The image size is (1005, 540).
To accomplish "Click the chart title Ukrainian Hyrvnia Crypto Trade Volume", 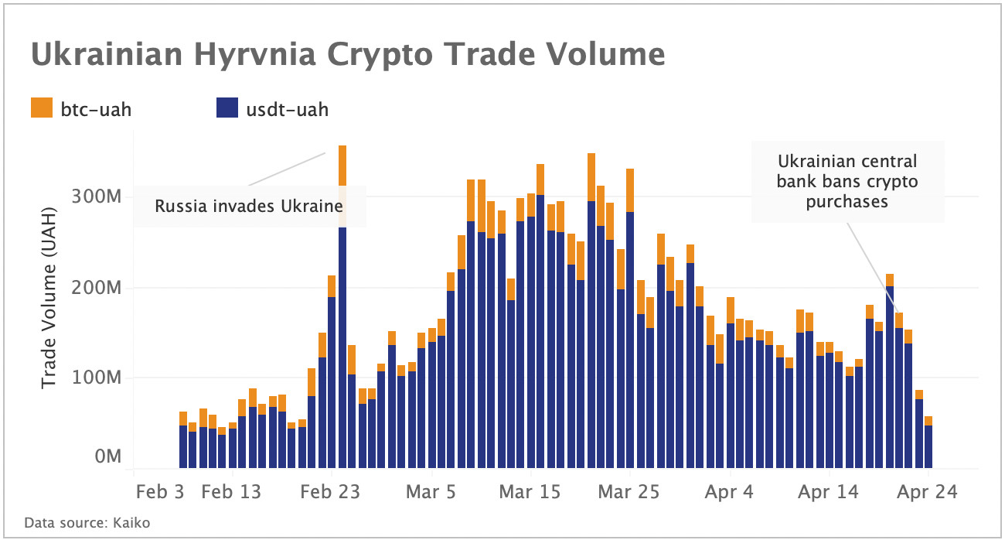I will [x=347, y=55].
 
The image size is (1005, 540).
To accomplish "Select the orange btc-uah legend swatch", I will [x=42, y=108].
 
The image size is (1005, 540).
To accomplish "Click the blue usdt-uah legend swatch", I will [x=227, y=108].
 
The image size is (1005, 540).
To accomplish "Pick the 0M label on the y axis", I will [x=107, y=456].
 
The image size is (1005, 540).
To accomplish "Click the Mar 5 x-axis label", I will [x=431, y=492].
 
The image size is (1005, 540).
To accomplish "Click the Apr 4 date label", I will [x=730, y=492].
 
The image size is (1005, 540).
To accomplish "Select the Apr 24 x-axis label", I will [x=927, y=492].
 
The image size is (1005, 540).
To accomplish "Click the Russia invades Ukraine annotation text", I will [x=248, y=207].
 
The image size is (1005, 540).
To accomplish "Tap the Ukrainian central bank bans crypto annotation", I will [x=847, y=182].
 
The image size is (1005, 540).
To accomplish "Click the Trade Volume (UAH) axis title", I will [x=49, y=298].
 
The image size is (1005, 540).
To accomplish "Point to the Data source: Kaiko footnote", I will [x=87, y=523].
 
